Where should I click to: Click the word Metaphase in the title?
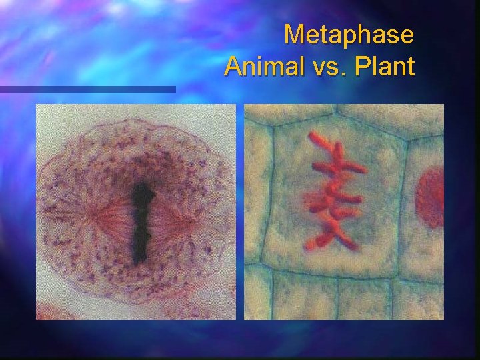(x=349, y=35)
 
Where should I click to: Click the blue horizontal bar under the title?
(x=87, y=89)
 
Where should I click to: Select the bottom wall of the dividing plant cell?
(x=333, y=275)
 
